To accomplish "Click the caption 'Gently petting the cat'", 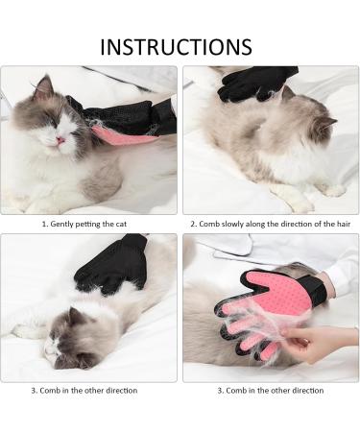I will (93, 224).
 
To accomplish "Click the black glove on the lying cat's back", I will (256, 84).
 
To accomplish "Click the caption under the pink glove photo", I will (269, 390).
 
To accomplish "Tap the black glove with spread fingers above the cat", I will (108, 266).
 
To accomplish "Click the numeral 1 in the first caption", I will (43, 224).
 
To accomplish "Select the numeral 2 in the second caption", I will (193, 224).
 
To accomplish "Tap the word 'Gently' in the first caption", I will (61, 224).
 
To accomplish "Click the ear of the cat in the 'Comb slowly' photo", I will (325, 122).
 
